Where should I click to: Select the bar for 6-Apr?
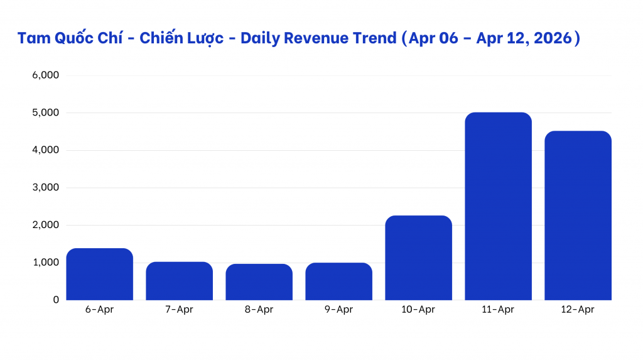click(99, 275)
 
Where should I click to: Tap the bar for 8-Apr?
click(259, 282)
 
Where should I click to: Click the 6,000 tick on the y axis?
click(45, 75)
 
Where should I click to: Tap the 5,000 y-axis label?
click(45, 113)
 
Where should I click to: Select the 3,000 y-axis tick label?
click(45, 188)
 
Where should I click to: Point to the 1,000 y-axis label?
click(45, 263)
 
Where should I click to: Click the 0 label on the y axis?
click(55, 300)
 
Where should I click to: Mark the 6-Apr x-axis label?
click(99, 310)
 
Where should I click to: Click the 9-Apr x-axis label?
click(338, 310)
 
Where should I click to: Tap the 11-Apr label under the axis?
click(498, 310)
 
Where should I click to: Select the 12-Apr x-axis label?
click(578, 310)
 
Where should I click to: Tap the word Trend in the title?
click(376, 38)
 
